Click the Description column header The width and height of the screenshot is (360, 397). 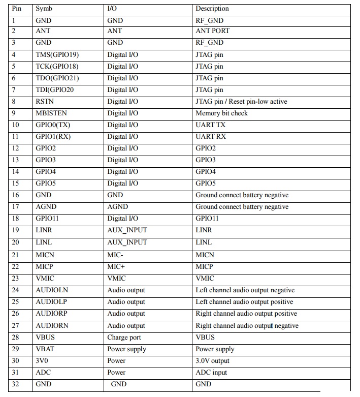[x=212, y=9]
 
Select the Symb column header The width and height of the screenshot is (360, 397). [x=44, y=9]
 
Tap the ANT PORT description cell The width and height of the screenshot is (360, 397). [x=212, y=31]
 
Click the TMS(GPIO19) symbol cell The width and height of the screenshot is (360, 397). [x=57, y=54]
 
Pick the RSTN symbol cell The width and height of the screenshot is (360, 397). [x=45, y=102]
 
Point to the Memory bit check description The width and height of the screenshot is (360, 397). [x=221, y=113]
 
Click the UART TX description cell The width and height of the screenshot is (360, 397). [x=211, y=125]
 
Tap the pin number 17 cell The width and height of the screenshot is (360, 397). [x=15, y=207]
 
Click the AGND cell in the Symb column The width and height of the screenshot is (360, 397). [x=46, y=207]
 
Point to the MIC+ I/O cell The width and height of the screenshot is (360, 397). [x=116, y=266]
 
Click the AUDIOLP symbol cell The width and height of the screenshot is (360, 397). [x=51, y=302]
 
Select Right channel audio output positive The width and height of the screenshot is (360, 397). [x=246, y=314]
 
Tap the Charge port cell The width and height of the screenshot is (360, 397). [x=124, y=338]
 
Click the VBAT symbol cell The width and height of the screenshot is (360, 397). [x=45, y=349]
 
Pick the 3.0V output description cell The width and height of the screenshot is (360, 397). [x=212, y=361]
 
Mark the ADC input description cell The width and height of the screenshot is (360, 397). [x=211, y=373]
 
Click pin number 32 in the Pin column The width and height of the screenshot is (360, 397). [x=15, y=384]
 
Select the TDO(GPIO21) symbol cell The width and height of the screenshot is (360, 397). [x=57, y=78]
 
